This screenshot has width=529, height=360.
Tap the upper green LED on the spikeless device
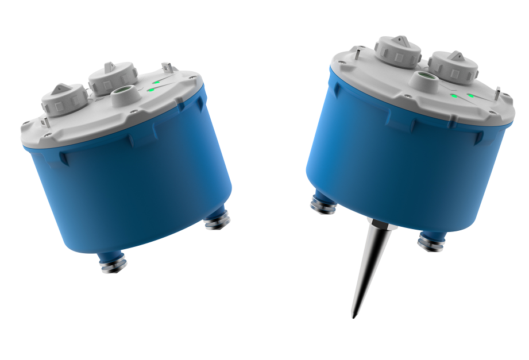(x=157, y=82)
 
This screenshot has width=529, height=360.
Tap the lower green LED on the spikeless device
(x=151, y=90)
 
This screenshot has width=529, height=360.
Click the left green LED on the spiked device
(x=453, y=96)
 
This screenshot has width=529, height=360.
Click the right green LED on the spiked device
(x=470, y=95)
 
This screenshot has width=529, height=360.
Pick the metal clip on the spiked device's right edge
(x=497, y=94)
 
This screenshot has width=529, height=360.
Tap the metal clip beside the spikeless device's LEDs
(x=167, y=68)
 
